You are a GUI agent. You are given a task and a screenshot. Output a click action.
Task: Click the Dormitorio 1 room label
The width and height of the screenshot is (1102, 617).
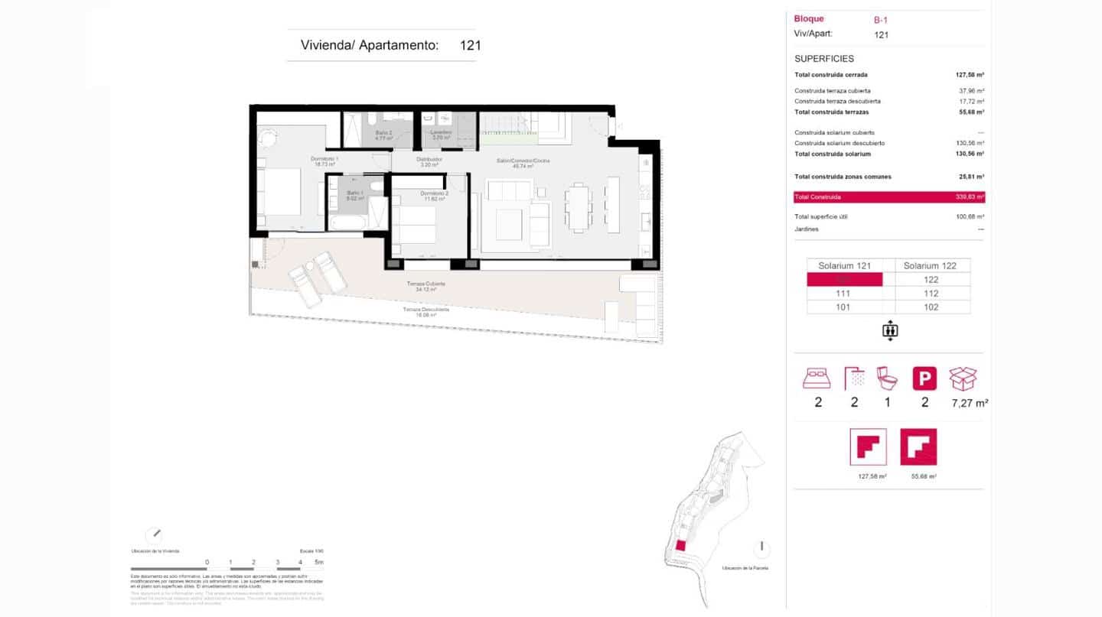pos(324,158)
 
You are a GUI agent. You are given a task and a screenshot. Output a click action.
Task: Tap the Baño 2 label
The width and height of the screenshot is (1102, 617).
pos(383,132)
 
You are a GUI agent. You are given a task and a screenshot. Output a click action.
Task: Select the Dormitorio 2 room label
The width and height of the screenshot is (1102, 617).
pos(433,193)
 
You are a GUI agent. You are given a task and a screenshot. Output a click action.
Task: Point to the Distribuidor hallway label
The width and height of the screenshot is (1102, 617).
pos(429,160)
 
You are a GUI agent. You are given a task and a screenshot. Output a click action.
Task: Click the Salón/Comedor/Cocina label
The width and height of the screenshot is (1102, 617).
pos(523,161)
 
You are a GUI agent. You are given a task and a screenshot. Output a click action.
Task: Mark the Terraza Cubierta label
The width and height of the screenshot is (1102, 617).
pos(425,284)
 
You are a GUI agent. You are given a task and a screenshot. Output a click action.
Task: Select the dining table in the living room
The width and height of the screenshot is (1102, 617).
pos(579,206)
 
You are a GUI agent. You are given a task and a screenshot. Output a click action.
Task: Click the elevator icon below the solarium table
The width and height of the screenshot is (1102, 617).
pos(889,331)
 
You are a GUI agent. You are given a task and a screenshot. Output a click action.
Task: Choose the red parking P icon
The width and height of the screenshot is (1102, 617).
pos(924,378)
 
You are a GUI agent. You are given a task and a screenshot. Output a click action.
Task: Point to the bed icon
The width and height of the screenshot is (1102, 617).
pos(817,378)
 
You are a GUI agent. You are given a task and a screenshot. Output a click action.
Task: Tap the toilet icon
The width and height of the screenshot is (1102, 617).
pos(887,378)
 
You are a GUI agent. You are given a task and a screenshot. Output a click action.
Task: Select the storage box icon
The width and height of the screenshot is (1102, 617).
pos(963,378)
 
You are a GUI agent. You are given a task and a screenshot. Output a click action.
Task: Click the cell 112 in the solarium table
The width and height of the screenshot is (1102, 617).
pos(931,294)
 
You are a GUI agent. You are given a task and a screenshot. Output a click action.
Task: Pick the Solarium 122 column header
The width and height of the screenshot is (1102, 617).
pos(930,265)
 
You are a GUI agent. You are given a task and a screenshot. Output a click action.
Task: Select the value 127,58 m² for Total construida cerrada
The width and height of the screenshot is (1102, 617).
pos(969,75)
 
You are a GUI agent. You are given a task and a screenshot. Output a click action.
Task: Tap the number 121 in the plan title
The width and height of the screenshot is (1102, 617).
pos(470,45)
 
